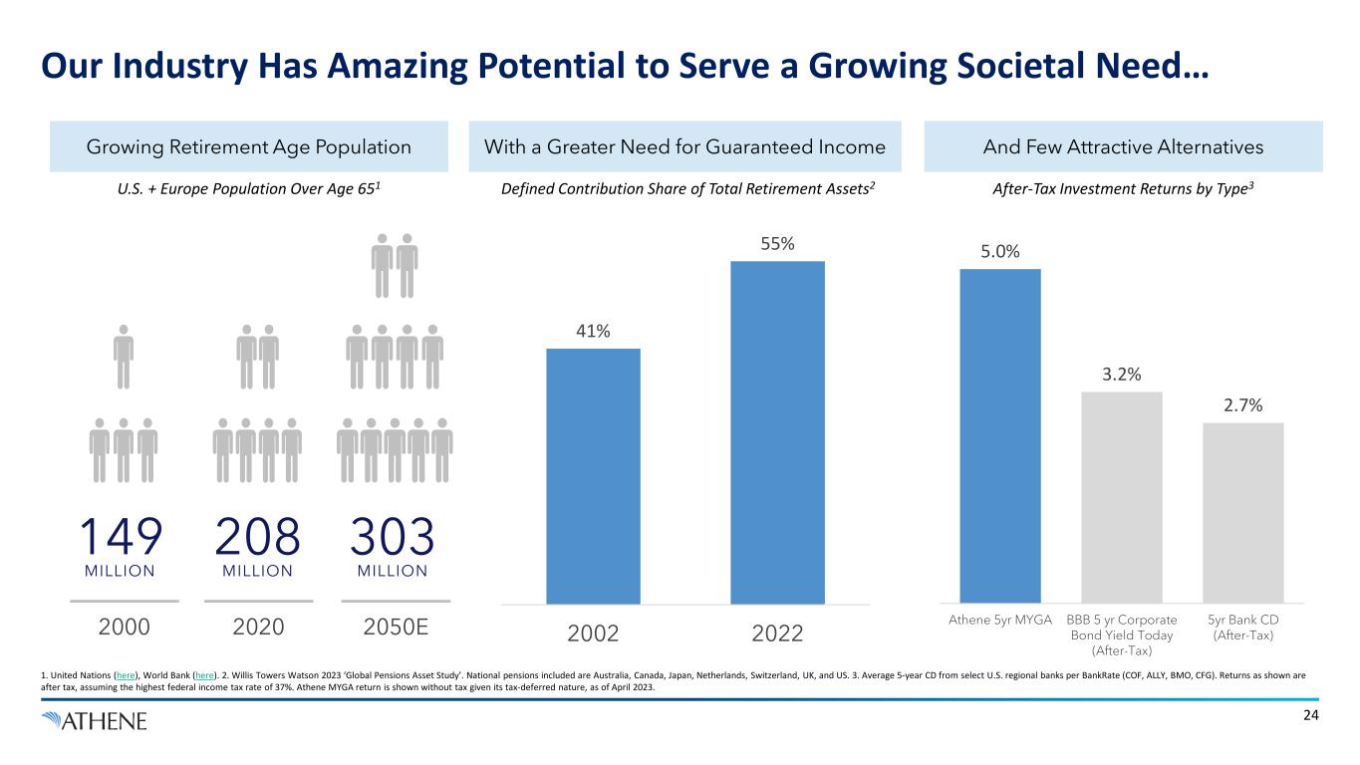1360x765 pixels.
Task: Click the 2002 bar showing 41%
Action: pyautogui.click(x=593, y=475)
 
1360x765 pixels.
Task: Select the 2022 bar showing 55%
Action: pyautogui.click(x=777, y=431)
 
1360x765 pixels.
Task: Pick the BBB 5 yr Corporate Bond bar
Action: pyautogui.click(x=1121, y=497)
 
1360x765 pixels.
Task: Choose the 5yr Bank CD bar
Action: pyautogui.click(x=1242, y=512)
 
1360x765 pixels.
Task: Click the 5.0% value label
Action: pyautogui.click(x=999, y=252)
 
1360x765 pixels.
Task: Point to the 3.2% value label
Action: pyautogui.click(x=1121, y=375)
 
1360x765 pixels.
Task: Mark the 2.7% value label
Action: pyautogui.click(x=1242, y=405)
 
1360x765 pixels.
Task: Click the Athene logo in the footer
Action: pyautogui.click(x=94, y=720)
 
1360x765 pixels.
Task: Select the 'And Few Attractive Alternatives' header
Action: pyautogui.click(x=1123, y=147)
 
